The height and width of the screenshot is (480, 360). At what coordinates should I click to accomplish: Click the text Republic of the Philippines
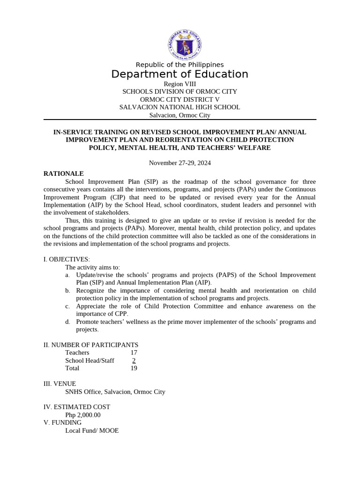(x=180, y=65)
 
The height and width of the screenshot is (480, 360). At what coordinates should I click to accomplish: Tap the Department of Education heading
(x=180, y=75)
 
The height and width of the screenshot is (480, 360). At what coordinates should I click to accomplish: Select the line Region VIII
(x=180, y=84)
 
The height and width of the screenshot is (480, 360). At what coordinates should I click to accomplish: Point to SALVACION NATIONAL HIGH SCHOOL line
(x=180, y=107)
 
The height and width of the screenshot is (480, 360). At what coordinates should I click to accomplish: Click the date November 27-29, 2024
(x=180, y=163)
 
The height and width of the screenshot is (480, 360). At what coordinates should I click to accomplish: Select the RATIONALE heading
(x=64, y=173)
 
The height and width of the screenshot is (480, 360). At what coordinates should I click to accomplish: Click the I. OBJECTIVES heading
(x=67, y=259)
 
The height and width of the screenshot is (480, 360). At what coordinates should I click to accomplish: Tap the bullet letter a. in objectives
(x=68, y=275)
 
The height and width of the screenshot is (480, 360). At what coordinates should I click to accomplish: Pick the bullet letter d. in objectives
(x=68, y=322)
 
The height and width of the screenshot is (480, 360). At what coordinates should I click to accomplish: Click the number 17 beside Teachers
(x=134, y=352)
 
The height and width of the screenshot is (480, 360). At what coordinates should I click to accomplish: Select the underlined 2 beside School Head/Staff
(x=134, y=360)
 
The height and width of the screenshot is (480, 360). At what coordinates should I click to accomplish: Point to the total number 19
(x=134, y=368)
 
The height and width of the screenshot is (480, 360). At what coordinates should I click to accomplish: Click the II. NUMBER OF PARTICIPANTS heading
(x=91, y=345)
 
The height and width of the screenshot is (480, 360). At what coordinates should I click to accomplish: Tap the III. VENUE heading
(x=60, y=384)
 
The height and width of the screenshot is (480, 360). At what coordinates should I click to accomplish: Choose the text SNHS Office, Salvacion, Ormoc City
(x=115, y=392)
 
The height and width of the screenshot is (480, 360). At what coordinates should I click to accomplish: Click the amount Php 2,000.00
(x=83, y=415)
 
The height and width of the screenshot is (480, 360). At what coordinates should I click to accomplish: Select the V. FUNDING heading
(x=62, y=422)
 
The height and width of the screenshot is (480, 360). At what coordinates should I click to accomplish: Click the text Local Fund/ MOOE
(x=92, y=430)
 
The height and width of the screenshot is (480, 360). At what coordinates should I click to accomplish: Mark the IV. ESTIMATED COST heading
(x=77, y=407)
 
